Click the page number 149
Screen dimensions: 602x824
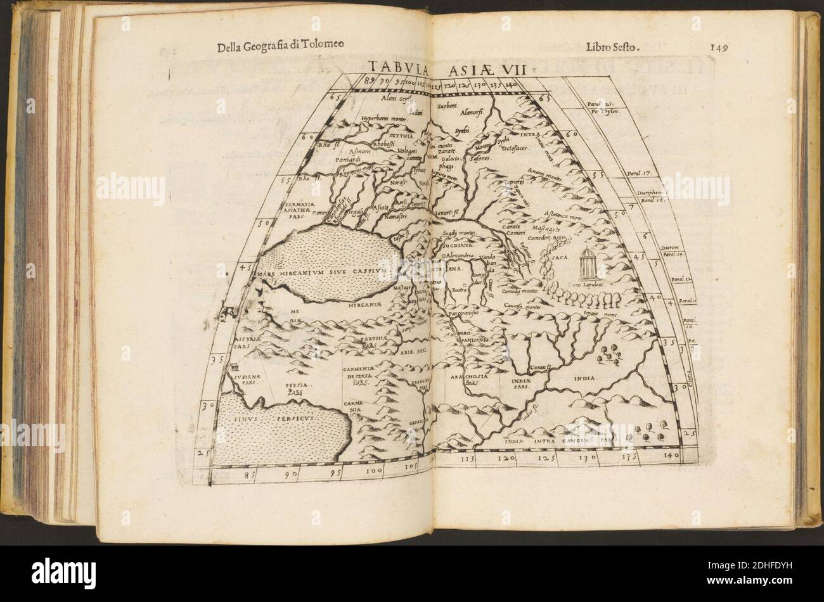pyautogui.click(x=722, y=46)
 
